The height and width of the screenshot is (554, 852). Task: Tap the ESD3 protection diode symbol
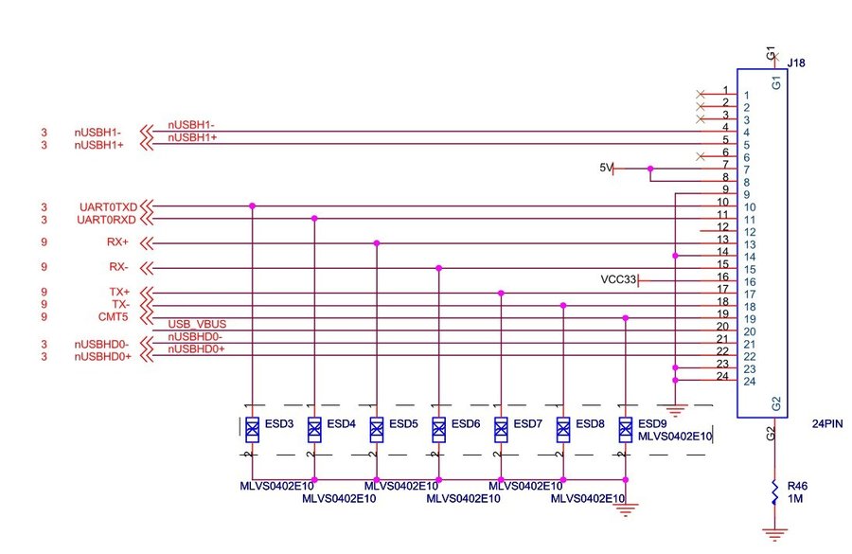coord(252,430)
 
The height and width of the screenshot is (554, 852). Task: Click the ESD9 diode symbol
coord(625,430)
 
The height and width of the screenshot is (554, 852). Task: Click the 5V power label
coord(606,168)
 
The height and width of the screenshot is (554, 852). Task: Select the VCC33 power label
coord(618,280)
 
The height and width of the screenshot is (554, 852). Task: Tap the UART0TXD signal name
coord(109,206)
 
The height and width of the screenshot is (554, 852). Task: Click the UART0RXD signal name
coord(109,220)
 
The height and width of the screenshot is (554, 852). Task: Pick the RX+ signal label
coord(118,242)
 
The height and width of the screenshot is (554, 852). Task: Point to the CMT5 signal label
coord(113,316)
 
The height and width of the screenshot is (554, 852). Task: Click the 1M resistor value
coord(796,498)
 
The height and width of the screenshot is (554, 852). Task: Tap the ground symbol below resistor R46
coord(775,535)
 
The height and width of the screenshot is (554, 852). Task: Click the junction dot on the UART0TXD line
coord(252,206)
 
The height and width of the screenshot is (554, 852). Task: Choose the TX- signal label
coord(120,304)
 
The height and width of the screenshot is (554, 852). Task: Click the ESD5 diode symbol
coord(377,430)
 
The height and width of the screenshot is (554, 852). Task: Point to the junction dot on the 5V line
coord(650,169)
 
